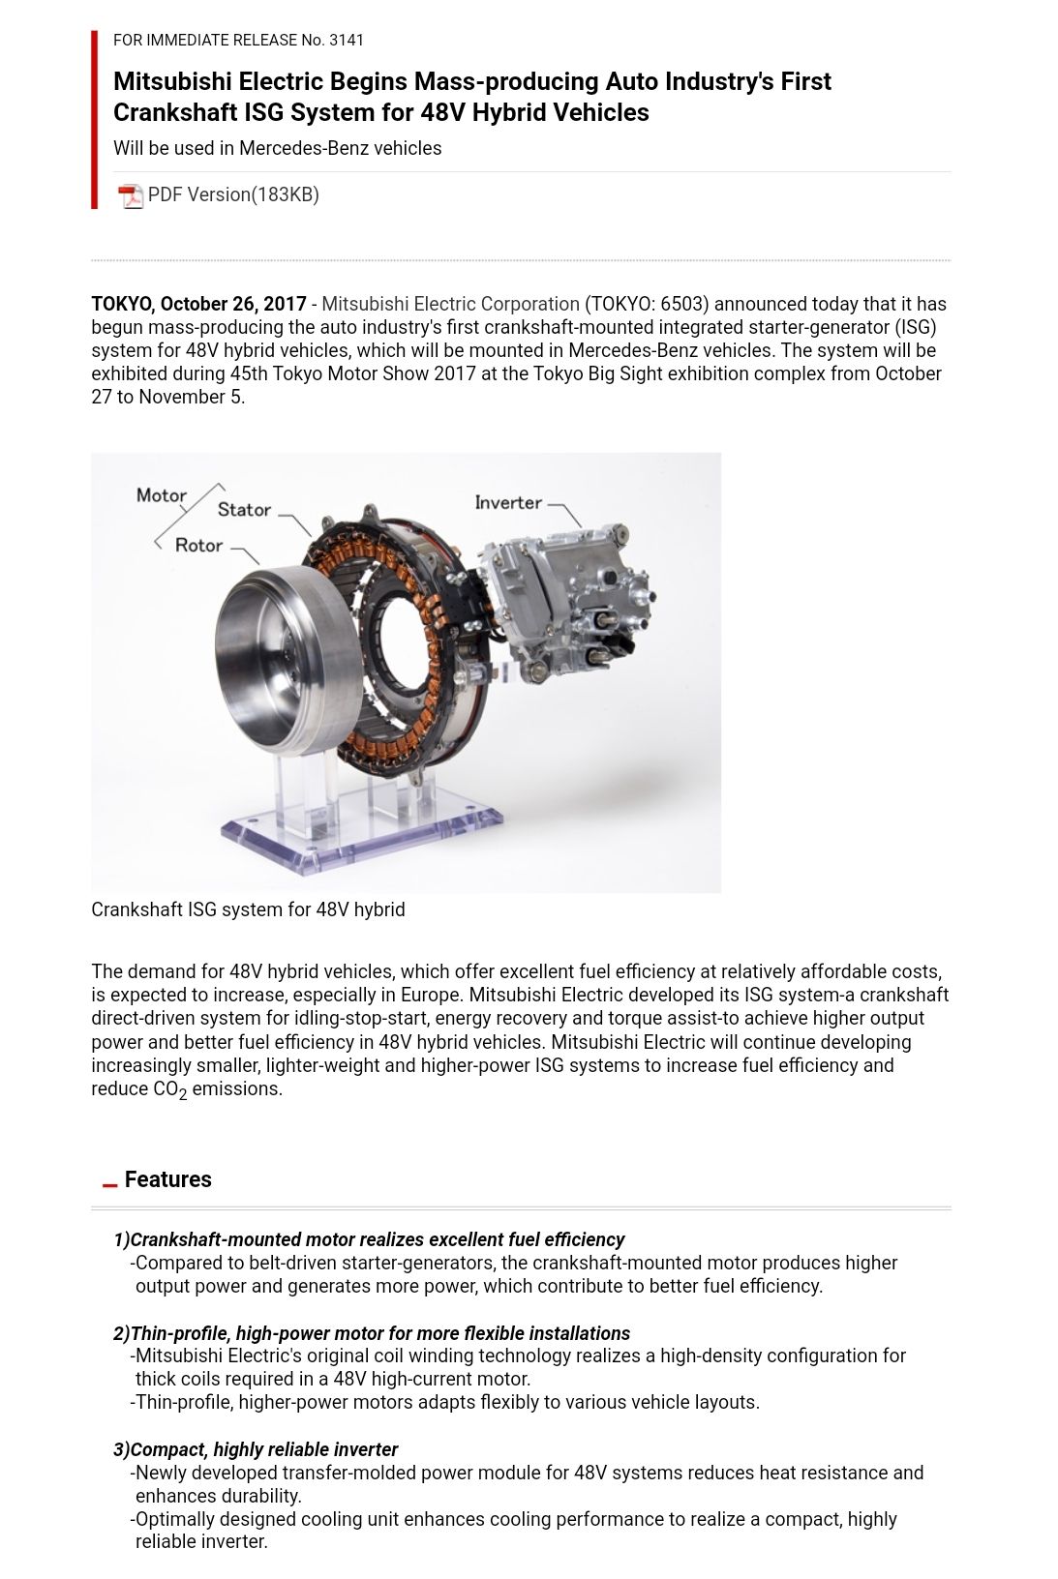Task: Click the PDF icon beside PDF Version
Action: tap(130, 195)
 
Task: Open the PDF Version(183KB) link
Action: tap(233, 194)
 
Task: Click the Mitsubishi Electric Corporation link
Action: tap(450, 304)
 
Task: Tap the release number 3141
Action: tap(347, 40)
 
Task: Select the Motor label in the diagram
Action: tap(162, 495)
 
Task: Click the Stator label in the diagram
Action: tap(244, 510)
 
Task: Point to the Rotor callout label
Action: tap(198, 546)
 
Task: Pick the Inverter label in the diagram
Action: tap(508, 502)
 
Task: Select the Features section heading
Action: tap(167, 1179)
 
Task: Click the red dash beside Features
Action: tap(109, 1184)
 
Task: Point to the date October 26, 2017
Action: tap(233, 304)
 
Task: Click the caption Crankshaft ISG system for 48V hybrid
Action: tap(248, 909)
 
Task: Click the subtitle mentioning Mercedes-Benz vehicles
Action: tap(277, 148)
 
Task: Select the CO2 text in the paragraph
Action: tap(169, 1089)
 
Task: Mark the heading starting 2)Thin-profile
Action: tap(372, 1333)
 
